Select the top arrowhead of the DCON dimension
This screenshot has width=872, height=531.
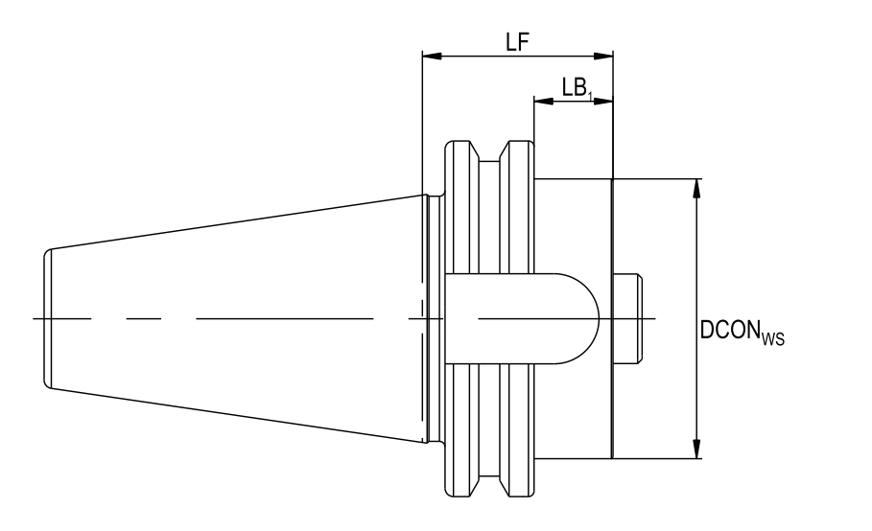697,188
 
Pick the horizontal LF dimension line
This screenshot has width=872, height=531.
480,57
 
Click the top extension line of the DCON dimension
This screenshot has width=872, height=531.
662,178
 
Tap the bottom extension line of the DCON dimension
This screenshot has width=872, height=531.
662,458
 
